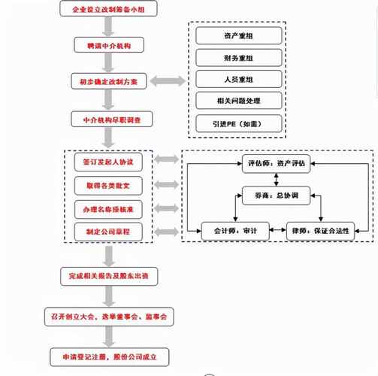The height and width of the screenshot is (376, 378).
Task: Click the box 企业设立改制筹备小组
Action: pyautogui.click(x=108, y=8)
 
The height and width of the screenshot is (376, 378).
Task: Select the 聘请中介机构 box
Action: pyautogui.click(x=109, y=45)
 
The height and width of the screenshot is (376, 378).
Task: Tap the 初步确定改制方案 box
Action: pyautogui.click(x=109, y=81)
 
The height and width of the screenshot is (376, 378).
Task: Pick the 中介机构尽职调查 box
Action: pyautogui.click(x=112, y=119)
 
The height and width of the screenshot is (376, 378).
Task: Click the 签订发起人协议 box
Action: pyautogui.click(x=108, y=162)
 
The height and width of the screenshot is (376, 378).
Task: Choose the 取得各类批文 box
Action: pyautogui.click(x=108, y=186)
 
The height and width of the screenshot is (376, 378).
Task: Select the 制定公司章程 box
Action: pyautogui.click(x=108, y=232)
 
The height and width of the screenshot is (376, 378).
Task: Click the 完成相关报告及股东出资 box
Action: pyautogui.click(x=109, y=276)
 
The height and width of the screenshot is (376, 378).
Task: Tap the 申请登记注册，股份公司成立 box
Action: pyautogui.click(x=110, y=357)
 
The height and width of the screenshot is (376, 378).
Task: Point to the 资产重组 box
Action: pyautogui.click(x=239, y=35)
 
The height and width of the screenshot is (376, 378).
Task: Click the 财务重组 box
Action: pyautogui.click(x=239, y=58)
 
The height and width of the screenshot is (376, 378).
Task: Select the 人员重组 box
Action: pyautogui.click(x=239, y=79)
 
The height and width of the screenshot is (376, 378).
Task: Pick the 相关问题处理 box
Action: pyautogui.click(x=239, y=101)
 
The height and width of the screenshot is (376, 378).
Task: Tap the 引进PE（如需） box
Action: pyautogui.click(x=239, y=123)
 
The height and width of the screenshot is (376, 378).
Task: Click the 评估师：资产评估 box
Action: pyautogui.click(x=276, y=164)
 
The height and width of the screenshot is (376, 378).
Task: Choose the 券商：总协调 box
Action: pyautogui.click(x=276, y=196)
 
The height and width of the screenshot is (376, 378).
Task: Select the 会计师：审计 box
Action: pyautogui.click(x=235, y=231)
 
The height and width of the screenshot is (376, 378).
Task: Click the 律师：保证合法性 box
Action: pyautogui.click(x=320, y=231)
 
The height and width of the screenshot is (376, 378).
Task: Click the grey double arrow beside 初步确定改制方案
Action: pyautogui.click(x=168, y=81)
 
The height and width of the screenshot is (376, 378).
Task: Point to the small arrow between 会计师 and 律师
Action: pyautogui.click(x=278, y=229)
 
